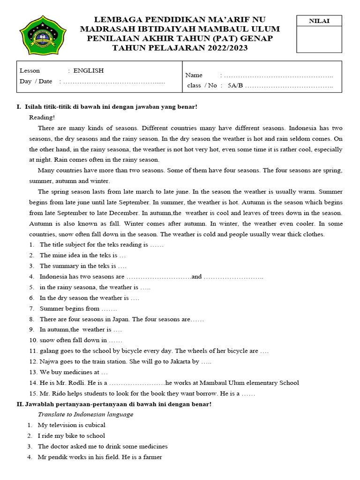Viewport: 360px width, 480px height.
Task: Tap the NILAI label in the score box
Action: pyautogui.click(x=319, y=21)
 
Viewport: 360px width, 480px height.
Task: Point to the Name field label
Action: pyautogui.click(x=194, y=75)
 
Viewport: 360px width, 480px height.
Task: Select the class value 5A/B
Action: pyautogui.click(x=235, y=85)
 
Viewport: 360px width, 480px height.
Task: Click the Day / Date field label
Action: pyautogui.click(x=36, y=81)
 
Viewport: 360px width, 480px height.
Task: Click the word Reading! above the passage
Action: pyautogui.click(x=42, y=117)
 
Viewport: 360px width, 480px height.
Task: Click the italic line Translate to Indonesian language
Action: pyautogui.click(x=85, y=414)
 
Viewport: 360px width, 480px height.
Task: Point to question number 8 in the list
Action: pyautogui.click(x=31, y=319)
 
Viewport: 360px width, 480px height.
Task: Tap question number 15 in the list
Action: pyautogui.click(x=33, y=393)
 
